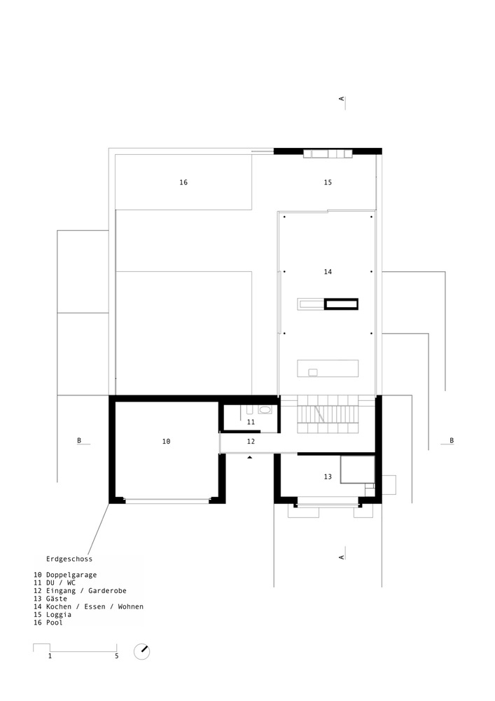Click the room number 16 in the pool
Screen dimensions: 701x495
click(x=183, y=182)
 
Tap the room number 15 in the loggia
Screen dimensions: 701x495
click(x=328, y=182)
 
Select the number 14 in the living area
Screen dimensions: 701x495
click(x=328, y=271)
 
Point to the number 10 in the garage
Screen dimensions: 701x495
click(x=166, y=442)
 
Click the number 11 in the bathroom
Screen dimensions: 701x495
click(x=251, y=422)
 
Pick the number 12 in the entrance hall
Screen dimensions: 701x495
click(x=251, y=442)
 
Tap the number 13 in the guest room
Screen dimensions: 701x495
click(x=328, y=477)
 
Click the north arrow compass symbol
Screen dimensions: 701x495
click(x=142, y=651)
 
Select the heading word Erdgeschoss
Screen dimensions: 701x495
click(x=69, y=559)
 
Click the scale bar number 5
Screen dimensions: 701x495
click(x=117, y=657)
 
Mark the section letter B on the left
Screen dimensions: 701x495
click(x=79, y=441)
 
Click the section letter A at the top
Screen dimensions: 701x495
click(x=342, y=100)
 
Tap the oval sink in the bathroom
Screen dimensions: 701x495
click(x=265, y=411)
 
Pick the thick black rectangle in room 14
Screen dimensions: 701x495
click(x=341, y=304)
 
